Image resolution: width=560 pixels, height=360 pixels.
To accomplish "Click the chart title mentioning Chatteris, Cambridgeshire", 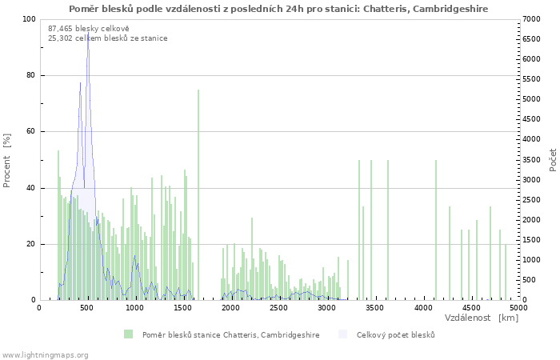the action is [x=278, y=9].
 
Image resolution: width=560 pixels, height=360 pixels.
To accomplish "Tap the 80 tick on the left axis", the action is [x=31, y=75].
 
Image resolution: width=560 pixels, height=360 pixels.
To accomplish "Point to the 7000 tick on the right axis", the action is [x=531, y=19].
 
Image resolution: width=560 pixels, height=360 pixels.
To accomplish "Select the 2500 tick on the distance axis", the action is [x=278, y=308].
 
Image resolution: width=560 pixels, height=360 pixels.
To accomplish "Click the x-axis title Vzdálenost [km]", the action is [x=482, y=318].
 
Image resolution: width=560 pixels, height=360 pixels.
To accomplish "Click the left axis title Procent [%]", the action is [x=6, y=160].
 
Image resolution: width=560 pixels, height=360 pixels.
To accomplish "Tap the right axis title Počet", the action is [x=553, y=160].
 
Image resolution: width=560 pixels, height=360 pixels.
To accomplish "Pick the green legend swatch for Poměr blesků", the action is [x=128, y=334].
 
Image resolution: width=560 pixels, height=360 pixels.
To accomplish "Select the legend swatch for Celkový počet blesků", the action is [x=342, y=334].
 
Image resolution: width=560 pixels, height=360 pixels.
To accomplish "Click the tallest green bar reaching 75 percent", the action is [x=198, y=195].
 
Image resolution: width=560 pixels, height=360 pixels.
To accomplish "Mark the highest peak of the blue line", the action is [x=88, y=33].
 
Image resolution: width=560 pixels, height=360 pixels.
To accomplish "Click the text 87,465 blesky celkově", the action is [x=89, y=29].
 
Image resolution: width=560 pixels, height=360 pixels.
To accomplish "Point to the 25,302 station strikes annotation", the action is [x=107, y=38].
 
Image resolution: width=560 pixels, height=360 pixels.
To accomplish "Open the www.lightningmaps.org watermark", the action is [x=44, y=355].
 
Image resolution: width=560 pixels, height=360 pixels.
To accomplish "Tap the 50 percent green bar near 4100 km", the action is [x=436, y=230].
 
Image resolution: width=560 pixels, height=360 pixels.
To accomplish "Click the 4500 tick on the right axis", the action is [x=531, y=119].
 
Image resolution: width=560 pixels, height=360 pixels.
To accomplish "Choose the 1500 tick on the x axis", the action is [x=182, y=308].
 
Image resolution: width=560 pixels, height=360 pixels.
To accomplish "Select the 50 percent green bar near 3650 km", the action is [x=388, y=230].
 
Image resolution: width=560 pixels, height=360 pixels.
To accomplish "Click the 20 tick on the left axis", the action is [x=31, y=244].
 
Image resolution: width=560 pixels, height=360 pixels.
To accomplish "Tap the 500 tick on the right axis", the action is [x=529, y=280].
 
